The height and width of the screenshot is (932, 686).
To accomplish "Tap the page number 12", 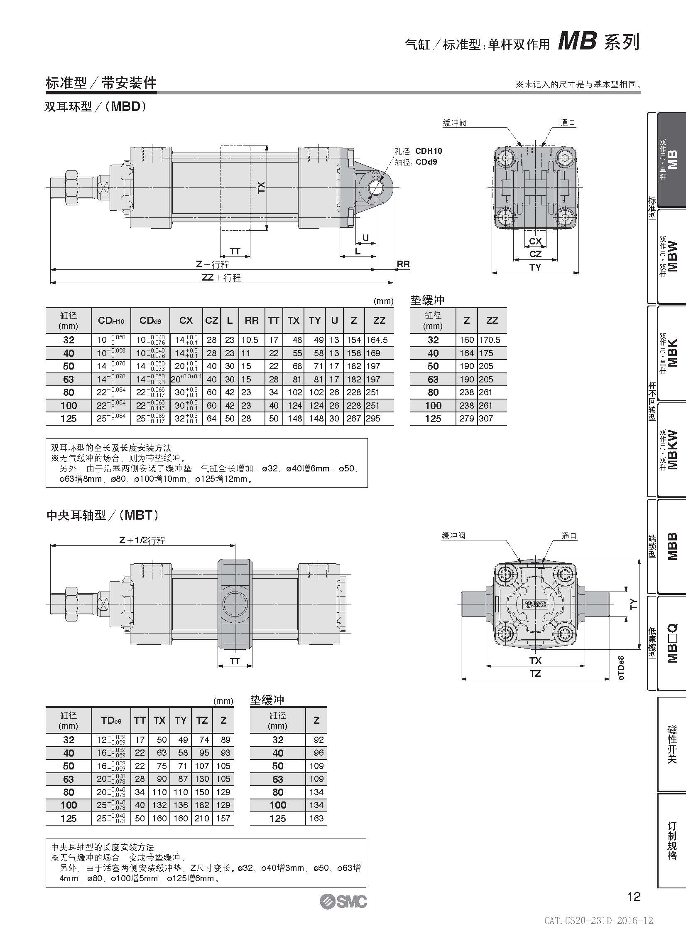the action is click(634, 896).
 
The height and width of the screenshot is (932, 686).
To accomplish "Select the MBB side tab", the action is click(672, 546).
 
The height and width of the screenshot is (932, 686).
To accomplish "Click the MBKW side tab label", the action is click(672, 450).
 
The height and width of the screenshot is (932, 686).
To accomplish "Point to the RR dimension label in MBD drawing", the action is click(403, 264).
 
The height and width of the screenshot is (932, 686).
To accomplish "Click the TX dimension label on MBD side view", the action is click(261, 187).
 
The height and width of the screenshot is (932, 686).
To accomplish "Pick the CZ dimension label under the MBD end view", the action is click(535, 254).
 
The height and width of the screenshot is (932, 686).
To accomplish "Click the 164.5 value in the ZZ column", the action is click(377, 340).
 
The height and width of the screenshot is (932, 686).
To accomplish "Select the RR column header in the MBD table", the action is click(252, 320).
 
